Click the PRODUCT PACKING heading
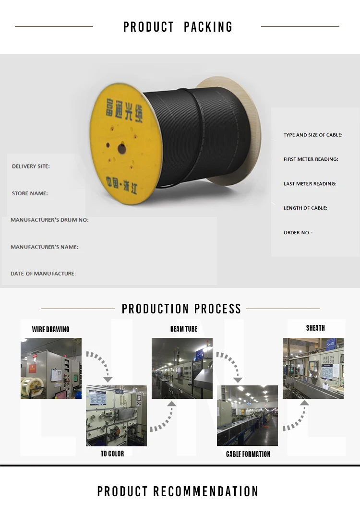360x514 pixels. coord(178,27)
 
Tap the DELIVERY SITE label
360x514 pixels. coord(31,166)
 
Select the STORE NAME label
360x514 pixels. coord(30,193)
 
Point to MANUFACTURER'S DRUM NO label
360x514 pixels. coord(49,220)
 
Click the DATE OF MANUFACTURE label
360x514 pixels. coord(43,274)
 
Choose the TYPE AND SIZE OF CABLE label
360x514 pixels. coord(313,135)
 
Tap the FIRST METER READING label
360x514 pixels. coord(311,159)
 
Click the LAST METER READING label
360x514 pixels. coord(310,183)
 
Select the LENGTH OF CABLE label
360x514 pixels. coord(305,208)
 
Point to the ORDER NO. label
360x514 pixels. coord(298,232)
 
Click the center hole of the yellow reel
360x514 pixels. coord(121,149)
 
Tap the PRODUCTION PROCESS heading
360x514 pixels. coord(181,309)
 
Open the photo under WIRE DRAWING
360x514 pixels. coord(51,368)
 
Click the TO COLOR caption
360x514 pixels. coord(112,454)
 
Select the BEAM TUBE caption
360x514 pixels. coord(184,329)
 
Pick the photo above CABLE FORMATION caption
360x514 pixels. coord(247,416)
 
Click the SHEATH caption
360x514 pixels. coord(315,328)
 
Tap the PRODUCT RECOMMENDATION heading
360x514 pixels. coord(178,491)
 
